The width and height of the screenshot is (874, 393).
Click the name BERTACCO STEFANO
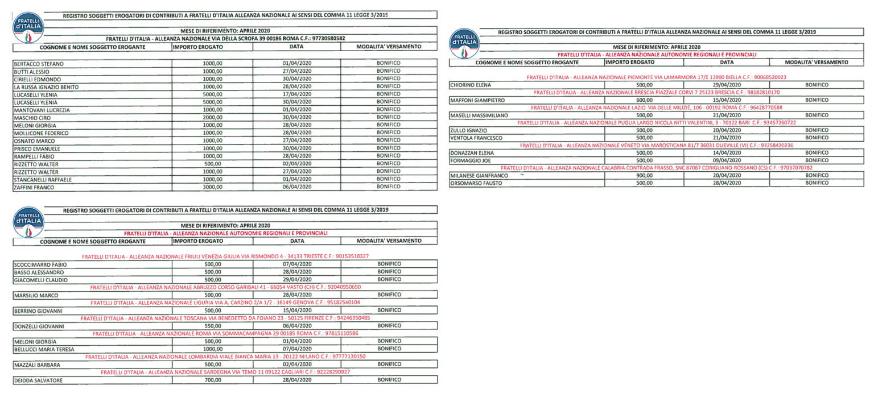tap(38, 64)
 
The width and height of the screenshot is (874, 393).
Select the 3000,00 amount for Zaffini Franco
tap(213, 187)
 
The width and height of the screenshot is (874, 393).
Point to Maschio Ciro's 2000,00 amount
tap(213, 118)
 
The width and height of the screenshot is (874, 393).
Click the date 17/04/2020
tap(297, 94)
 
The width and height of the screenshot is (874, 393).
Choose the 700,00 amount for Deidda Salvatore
tap(213, 380)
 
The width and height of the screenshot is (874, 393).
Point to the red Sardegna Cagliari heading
tap(225, 372)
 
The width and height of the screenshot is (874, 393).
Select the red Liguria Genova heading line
tap(225, 303)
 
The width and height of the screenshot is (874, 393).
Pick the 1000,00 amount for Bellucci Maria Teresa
tap(213, 349)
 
